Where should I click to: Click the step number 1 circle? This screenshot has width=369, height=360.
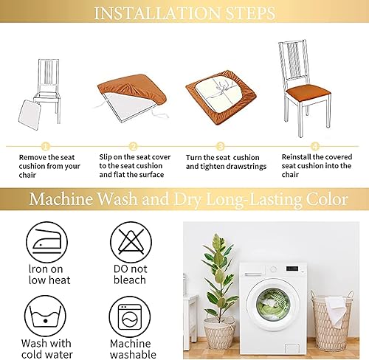click(45, 146)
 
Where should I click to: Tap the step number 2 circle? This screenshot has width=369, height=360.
click(134, 146)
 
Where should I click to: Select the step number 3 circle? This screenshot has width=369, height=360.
click(221, 146)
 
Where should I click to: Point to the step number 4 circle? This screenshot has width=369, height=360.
click(315, 146)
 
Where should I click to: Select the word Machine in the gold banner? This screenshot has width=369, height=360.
click(61, 199)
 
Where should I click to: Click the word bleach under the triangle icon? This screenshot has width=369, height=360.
click(131, 280)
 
